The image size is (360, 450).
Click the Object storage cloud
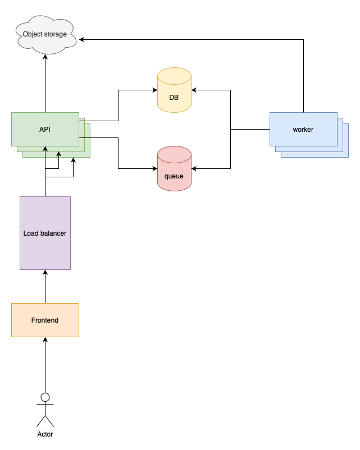(45, 35)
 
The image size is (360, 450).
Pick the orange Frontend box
(45, 320)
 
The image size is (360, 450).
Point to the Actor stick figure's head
(45, 397)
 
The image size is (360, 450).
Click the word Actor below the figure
(45, 434)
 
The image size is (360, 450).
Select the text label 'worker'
(303, 130)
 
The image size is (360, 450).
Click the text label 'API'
(45, 130)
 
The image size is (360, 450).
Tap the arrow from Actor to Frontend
(45, 365)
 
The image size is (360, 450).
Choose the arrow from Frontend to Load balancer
(45, 286)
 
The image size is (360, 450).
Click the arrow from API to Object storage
(45, 84)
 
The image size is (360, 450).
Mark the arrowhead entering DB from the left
(154, 90)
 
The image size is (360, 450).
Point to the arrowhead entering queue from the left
(154, 168)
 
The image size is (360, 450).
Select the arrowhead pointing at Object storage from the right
(82, 39)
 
